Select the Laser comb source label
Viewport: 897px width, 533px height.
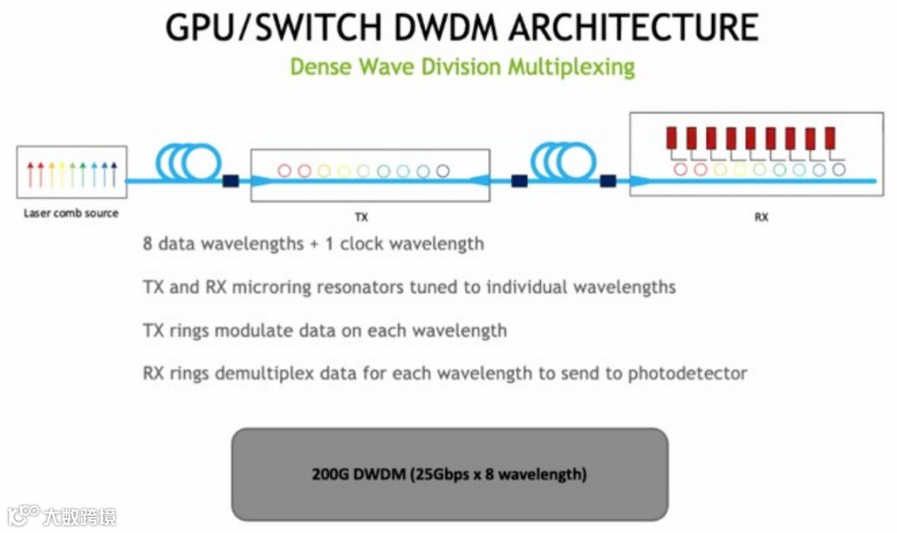[71, 213]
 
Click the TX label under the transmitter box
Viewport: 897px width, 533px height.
[361, 218]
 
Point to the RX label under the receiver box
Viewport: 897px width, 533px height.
[761, 218]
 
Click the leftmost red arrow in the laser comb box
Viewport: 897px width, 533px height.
[31, 174]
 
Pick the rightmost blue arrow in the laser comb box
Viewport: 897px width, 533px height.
[113, 174]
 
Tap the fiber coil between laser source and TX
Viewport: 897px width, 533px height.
[188, 161]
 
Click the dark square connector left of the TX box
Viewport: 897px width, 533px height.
[231, 179]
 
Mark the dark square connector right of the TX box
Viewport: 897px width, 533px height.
[520, 179]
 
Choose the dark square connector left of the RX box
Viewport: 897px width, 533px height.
[609, 179]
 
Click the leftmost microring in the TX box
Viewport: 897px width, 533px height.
[285, 171]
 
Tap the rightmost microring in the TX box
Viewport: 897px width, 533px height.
[443, 171]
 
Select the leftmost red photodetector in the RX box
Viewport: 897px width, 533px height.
[671, 138]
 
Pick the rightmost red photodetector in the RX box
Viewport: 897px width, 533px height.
[830, 138]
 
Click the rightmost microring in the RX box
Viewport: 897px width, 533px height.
[839, 169]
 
